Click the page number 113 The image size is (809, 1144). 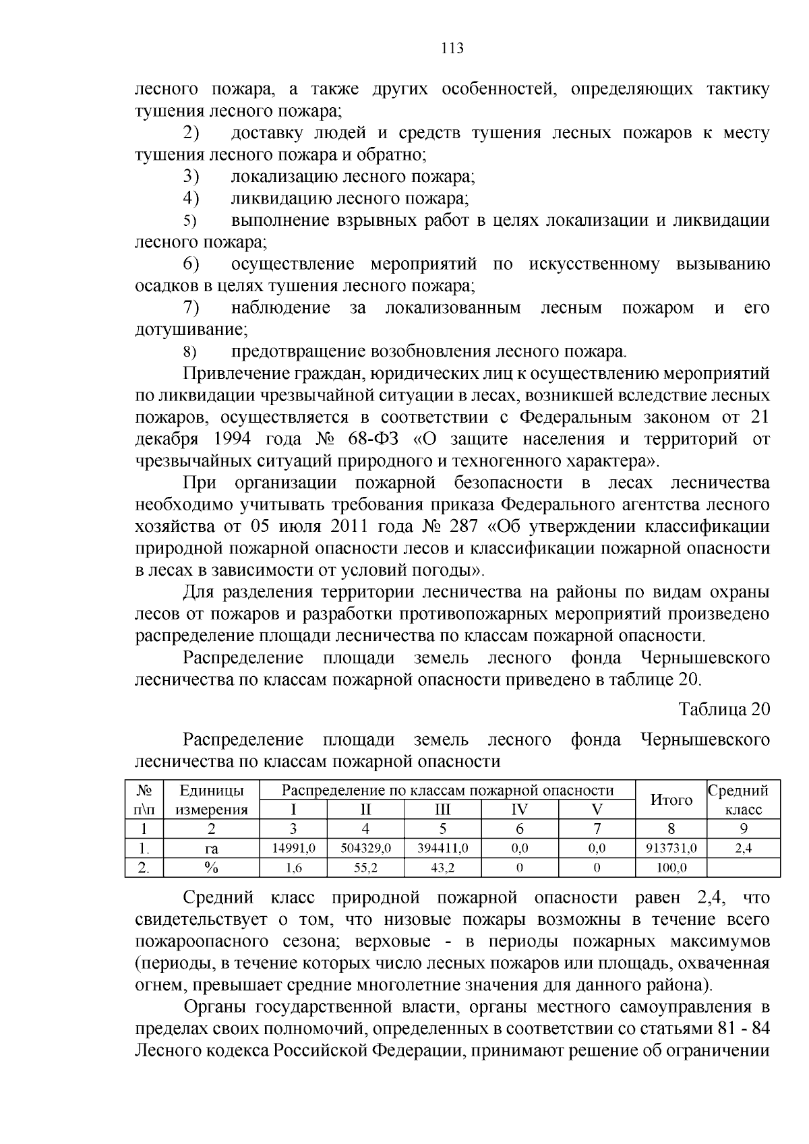tap(452, 49)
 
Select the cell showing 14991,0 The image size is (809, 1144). tap(293, 849)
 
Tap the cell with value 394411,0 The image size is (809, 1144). tap(443, 849)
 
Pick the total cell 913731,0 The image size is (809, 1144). tap(671, 849)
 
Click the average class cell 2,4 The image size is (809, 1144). tap(744, 849)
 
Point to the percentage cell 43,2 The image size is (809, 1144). tap(443, 868)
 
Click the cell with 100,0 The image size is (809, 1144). tap(671, 868)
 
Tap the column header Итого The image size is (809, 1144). tap(671, 800)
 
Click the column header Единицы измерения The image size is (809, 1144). tap(212, 800)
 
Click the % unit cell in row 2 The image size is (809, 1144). tap(212, 868)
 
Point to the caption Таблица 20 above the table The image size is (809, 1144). tap(723, 709)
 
